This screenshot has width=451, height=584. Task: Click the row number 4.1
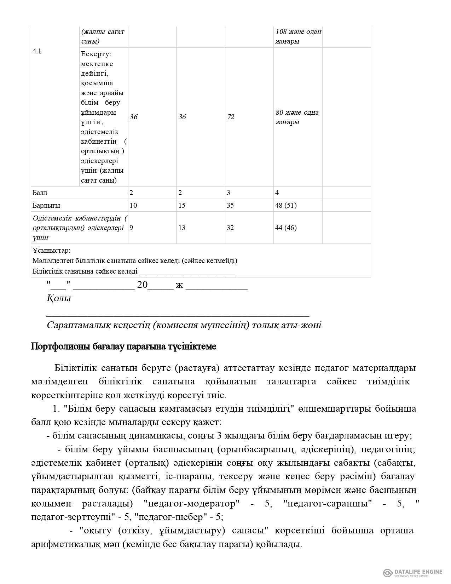(37, 51)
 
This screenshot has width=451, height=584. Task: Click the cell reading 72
(231, 117)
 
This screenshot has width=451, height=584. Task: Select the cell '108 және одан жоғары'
(298, 36)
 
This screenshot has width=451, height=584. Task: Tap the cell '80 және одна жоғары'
(297, 117)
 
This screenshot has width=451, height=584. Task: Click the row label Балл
(40, 193)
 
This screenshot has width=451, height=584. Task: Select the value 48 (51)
(286, 206)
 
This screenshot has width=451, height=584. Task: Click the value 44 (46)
(286, 228)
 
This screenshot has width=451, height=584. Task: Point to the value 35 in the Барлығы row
(230, 206)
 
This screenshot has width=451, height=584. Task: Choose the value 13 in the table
(182, 228)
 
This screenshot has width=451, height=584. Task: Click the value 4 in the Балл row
(277, 193)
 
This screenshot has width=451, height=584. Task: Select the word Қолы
(59, 298)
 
